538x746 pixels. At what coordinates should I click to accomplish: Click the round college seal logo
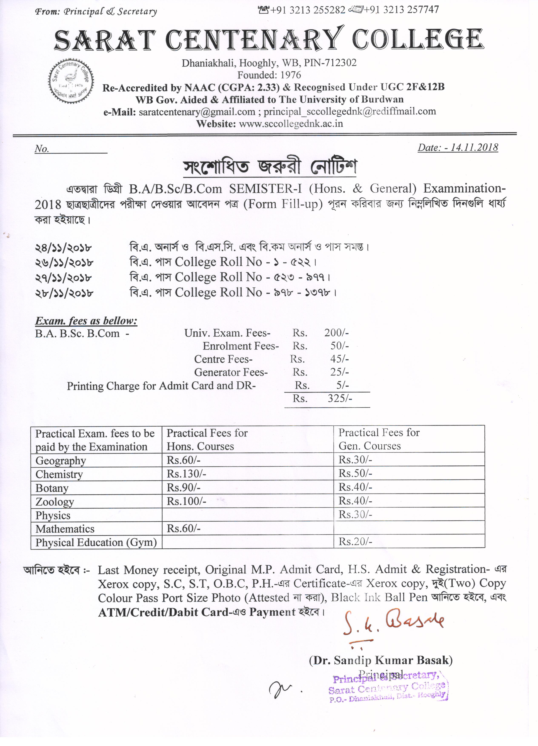(x=71, y=81)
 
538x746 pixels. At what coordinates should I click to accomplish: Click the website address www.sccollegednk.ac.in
(x=291, y=124)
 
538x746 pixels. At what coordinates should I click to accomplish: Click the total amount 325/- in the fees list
(x=340, y=398)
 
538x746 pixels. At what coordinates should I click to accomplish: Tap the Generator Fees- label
(x=231, y=372)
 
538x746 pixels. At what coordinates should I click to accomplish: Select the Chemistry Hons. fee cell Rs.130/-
(x=186, y=474)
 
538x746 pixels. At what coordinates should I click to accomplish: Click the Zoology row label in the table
(x=55, y=502)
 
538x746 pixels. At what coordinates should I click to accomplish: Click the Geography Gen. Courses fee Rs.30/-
(x=355, y=459)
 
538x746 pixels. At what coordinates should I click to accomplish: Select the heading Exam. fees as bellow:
(x=86, y=321)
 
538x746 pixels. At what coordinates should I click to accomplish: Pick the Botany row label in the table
(x=52, y=488)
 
